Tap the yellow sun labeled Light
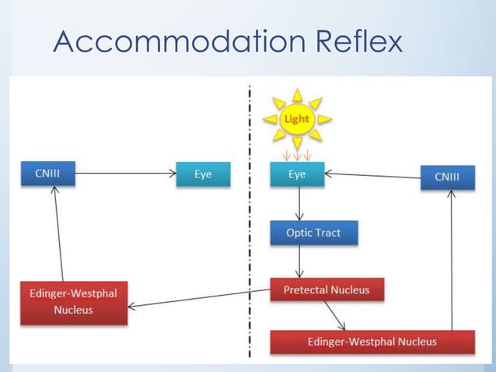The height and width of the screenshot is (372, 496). (x=296, y=119)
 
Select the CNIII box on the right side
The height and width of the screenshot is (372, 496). (x=447, y=177)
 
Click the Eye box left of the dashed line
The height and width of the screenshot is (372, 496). (x=204, y=174)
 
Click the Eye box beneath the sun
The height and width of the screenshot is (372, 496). (x=297, y=174)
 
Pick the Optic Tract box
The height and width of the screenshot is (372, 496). (x=314, y=233)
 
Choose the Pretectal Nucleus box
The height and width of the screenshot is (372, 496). (x=326, y=290)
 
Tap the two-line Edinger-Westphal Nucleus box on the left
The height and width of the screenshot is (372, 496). (x=73, y=302)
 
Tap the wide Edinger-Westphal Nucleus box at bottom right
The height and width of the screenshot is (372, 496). (x=372, y=342)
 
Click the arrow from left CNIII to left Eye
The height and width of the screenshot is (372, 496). (x=124, y=174)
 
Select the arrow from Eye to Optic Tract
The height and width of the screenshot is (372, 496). (x=299, y=204)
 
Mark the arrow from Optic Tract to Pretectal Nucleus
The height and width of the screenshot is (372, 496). (x=299, y=261)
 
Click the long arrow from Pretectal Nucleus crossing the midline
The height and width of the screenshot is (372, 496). (x=198, y=300)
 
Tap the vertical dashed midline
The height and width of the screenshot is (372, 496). (x=250, y=233)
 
